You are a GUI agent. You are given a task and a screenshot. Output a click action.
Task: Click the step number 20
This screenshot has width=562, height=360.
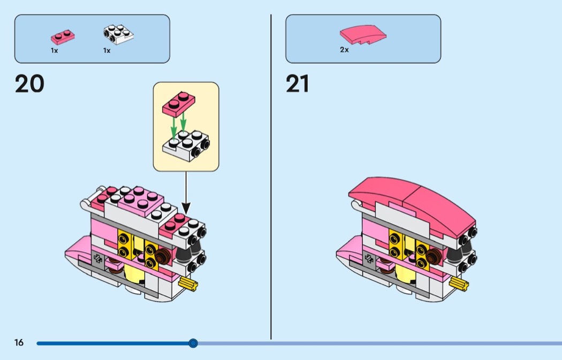[29, 85]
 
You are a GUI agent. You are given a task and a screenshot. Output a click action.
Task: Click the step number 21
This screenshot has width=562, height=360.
[298, 85]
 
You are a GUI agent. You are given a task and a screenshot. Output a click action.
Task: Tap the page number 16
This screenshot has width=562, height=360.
[19, 343]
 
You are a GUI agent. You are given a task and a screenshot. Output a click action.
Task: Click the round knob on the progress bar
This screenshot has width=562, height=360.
[193, 343]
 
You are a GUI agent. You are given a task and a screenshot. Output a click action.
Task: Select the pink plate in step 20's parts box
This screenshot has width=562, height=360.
[63, 36]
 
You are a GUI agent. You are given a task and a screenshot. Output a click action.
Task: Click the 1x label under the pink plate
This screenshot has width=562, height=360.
[54, 50]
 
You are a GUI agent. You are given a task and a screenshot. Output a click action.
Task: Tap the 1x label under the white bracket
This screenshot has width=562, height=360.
[107, 50]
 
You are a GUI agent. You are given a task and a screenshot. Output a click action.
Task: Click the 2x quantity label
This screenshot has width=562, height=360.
[344, 50]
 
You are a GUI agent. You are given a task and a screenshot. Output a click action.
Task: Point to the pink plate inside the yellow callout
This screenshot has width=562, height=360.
[179, 103]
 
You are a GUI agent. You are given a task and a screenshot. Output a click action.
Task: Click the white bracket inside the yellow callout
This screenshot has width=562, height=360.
[186, 144]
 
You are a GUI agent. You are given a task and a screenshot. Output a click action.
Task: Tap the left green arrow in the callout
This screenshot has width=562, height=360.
[173, 127]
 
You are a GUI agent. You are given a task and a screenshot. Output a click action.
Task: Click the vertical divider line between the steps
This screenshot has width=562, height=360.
[271, 177]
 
